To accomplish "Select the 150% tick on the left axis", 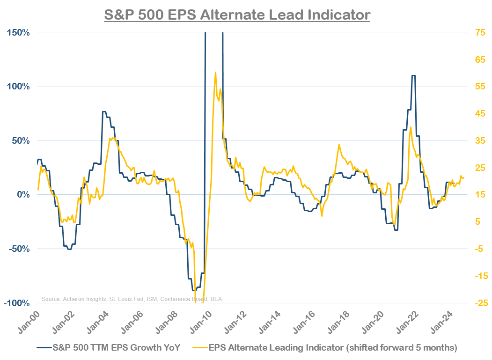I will pyautogui.click(x=17, y=33).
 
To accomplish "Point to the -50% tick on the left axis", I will pyautogui.click(x=18, y=249).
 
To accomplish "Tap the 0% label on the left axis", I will pyautogui.click(x=23, y=195).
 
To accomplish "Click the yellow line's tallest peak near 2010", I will pyautogui.click(x=215, y=73).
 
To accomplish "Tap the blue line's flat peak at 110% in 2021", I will pyautogui.click(x=413, y=75).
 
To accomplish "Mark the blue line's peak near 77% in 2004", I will pyautogui.click(x=104, y=111).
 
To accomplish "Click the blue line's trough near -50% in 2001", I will pyautogui.click(x=69, y=249).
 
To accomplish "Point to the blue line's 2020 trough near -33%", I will pyautogui.click(x=396, y=230).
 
